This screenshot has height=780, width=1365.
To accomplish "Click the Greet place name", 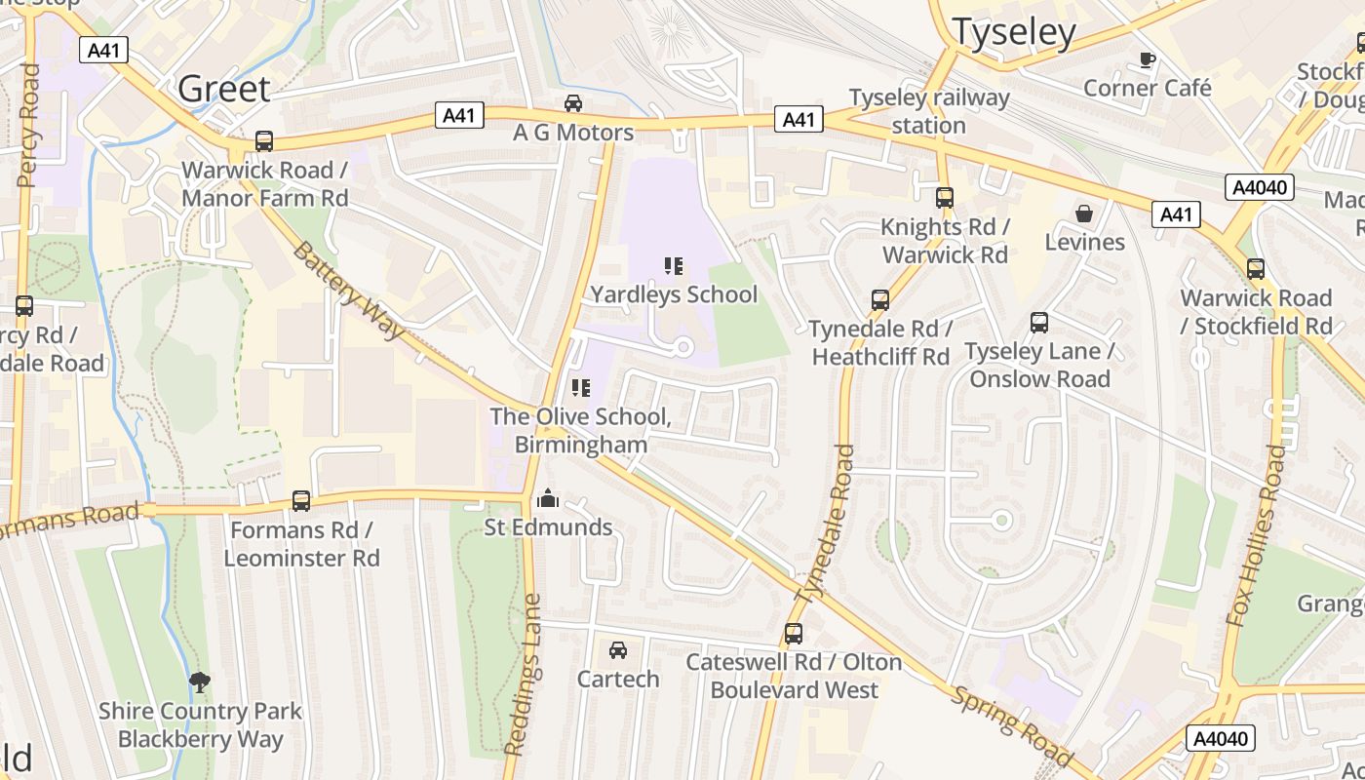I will click(x=223, y=89).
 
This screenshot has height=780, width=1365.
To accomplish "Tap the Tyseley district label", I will click(x=1013, y=32).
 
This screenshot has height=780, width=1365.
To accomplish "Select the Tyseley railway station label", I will click(x=928, y=111).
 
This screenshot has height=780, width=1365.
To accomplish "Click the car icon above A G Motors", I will click(x=573, y=103).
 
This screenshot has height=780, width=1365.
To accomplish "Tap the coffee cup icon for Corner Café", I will click(x=1148, y=60).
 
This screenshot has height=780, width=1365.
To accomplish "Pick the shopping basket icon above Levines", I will click(x=1083, y=214).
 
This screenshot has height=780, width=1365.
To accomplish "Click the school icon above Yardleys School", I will click(x=673, y=266).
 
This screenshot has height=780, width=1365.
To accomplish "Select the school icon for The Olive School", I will click(x=581, y=389).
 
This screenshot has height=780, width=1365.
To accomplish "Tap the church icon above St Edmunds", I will click(x=548, y=499).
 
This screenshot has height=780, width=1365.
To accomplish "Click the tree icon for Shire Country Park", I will click(x=200, y=682).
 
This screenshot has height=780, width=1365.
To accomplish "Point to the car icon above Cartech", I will click(x=617, y=650).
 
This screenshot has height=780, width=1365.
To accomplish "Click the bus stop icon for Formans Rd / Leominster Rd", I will click(x=301, y=501).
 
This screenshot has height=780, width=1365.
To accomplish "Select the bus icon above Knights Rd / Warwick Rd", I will click(x=944, y=198).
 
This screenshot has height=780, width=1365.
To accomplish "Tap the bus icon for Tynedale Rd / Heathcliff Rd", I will click(x=879, y=300).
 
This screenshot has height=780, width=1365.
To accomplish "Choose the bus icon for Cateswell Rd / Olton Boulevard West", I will click(x=794, y=634).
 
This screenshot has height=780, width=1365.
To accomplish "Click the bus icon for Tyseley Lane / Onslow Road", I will click(x=1039, y=323).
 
